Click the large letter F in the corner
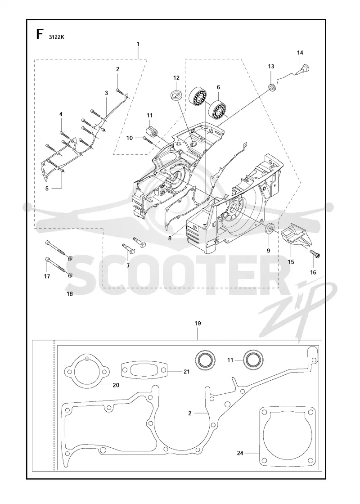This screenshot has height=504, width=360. [40, 34]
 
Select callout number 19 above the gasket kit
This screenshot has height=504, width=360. [198, 323]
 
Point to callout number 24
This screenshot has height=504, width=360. [240, 453]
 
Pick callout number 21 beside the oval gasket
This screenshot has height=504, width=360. [186, 372]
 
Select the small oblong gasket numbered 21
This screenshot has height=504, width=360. [144, 372]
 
